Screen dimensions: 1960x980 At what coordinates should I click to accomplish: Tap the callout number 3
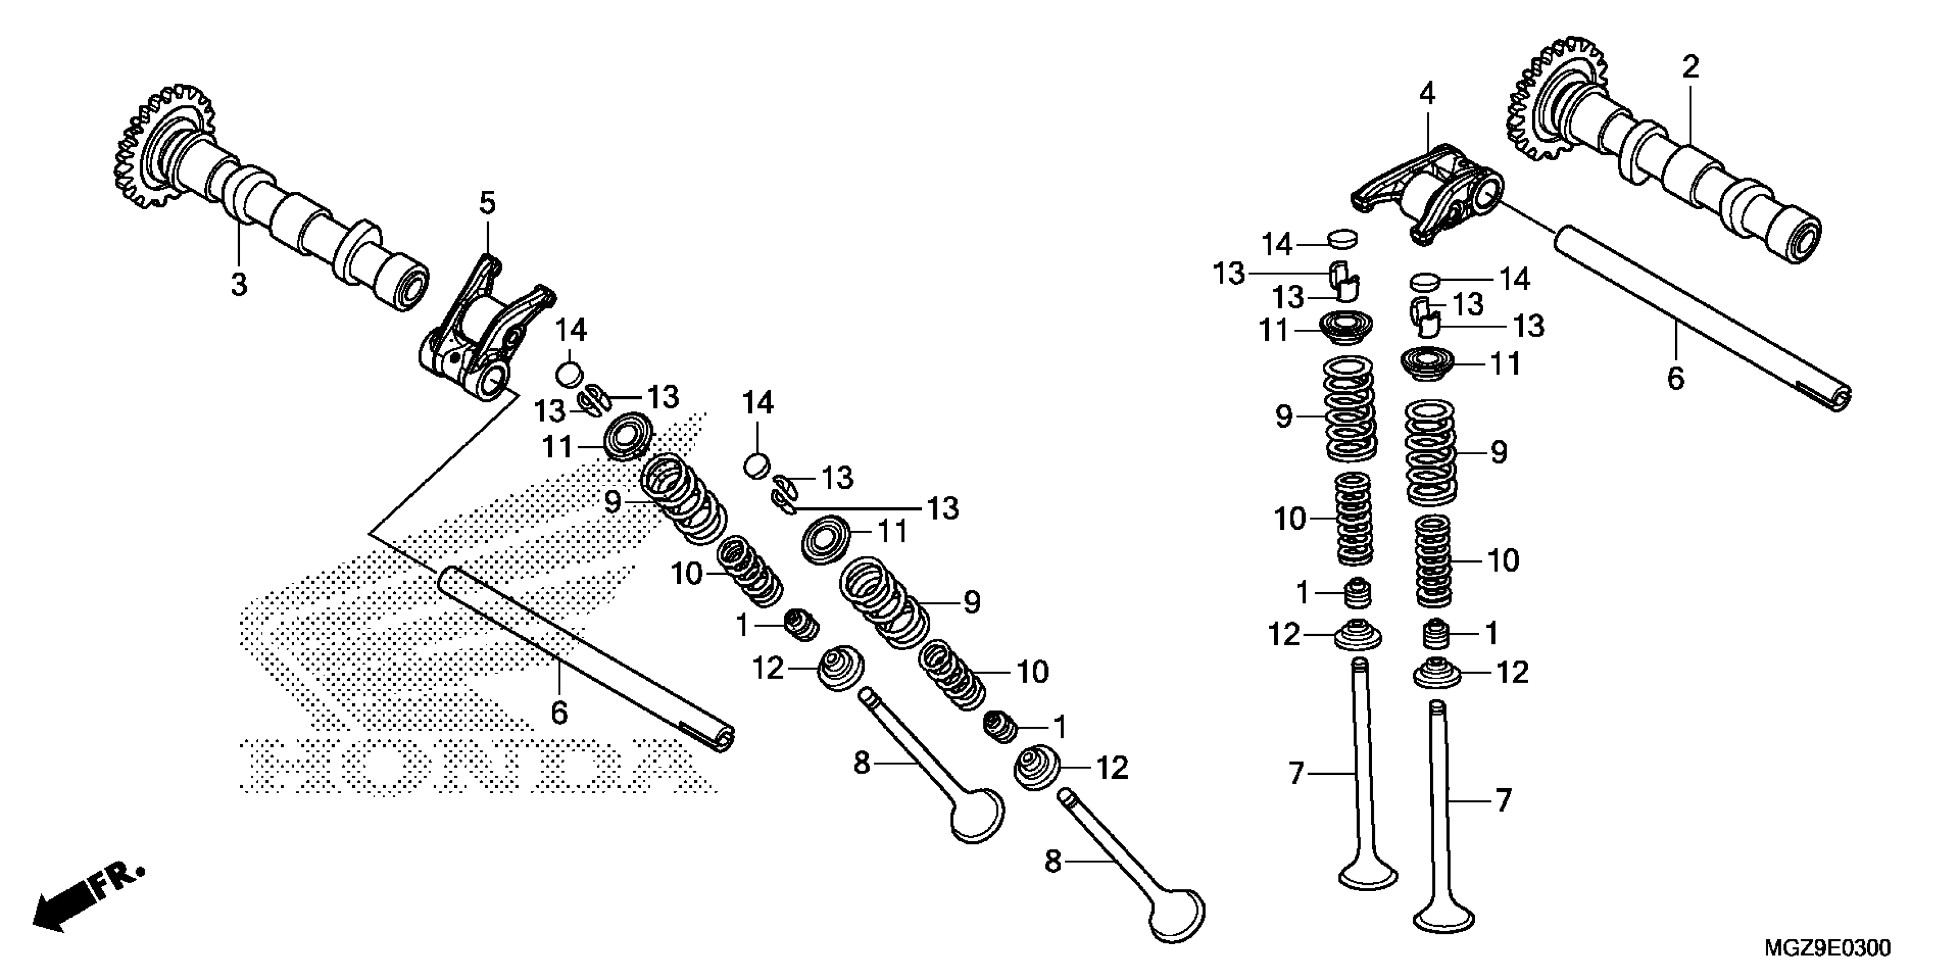(x=239, y=285)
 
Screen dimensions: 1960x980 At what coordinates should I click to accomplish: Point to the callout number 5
(x=487, y=203)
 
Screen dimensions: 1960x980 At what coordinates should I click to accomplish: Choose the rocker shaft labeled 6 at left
(x=586, y=654)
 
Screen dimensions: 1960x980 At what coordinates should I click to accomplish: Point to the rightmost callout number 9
(x=1498, y=453)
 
